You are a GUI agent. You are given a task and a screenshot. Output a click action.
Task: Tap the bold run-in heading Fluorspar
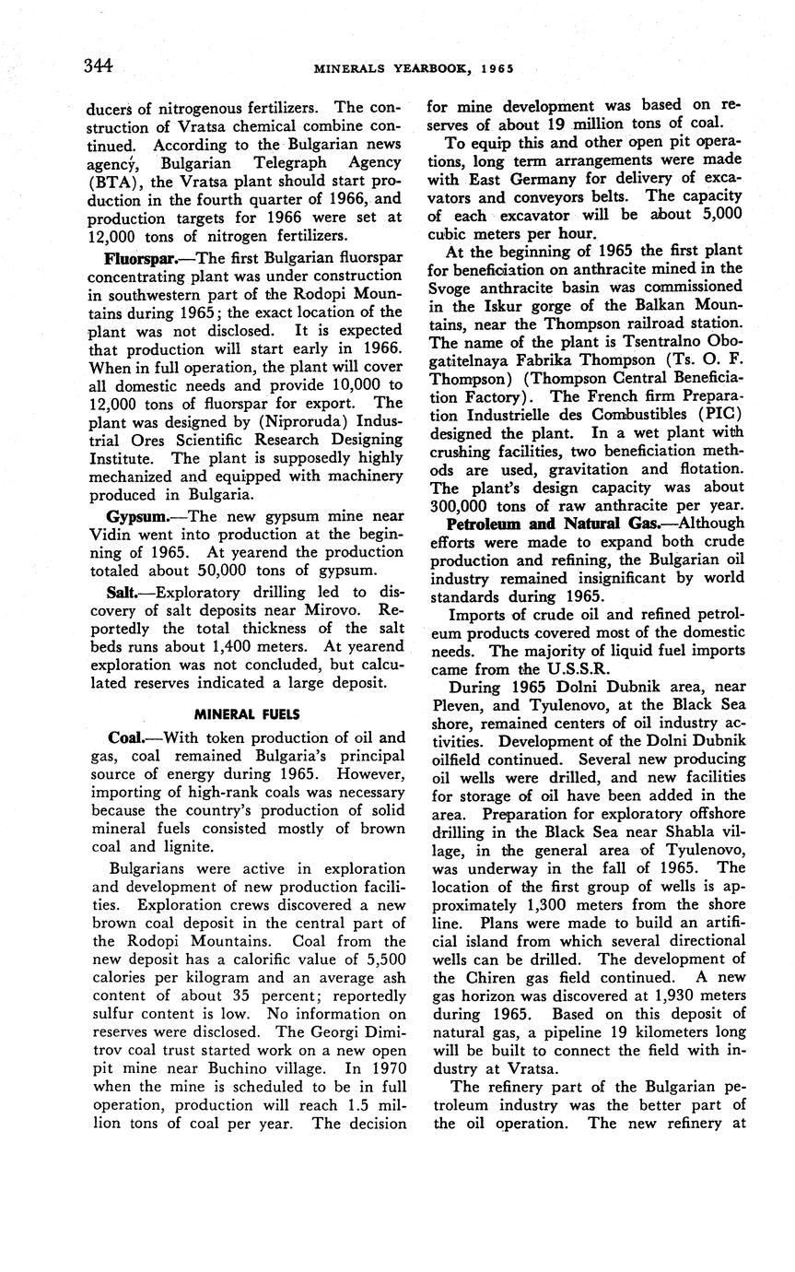(x=130, y=258)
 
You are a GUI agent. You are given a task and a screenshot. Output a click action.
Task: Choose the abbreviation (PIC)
(x=715, y=414)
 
